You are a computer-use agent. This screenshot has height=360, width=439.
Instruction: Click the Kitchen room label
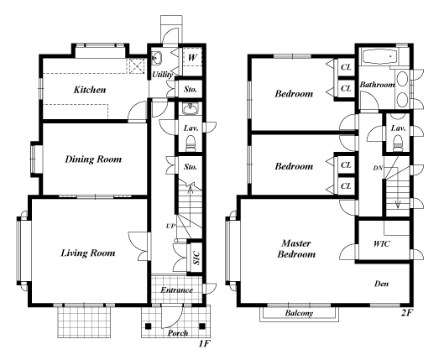pyautogui.click(x=88, y=89)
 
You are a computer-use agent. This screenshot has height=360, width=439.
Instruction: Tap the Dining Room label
pyautogui.click(x=93, y=159)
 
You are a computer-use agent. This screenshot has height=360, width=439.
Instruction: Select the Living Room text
pyautogui.click(x=87, y=252)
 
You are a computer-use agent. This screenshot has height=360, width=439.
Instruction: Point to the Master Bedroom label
pyautogui.click(x=298, y=248)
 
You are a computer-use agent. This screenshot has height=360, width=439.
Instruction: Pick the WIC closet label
pyautogui.click(x=384, y=243)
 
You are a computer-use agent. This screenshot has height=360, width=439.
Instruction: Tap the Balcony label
pyautogui.click(x=300, y=314)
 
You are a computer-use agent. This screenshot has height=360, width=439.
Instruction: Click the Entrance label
pyautogui.click(x=176, y=290)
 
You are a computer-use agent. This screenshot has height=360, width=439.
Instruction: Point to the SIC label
pyautogui.click(x=196, y=258)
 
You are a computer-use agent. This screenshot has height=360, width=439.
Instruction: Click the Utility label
pyautogui.click(x=162, y=75)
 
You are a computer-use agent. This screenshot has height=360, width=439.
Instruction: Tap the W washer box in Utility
pyautogui.click(x=192, y=57)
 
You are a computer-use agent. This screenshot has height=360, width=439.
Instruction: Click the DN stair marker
pyautogui.click(x=377, y=168)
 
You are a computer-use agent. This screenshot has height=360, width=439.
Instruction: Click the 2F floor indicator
pyautogui.click(x=409, y=313)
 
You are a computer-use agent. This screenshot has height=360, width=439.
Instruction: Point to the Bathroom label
pyautogui.click(x=377, y=85)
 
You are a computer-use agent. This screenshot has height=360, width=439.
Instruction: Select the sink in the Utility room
pyautogui.click(x=157, y=58)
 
